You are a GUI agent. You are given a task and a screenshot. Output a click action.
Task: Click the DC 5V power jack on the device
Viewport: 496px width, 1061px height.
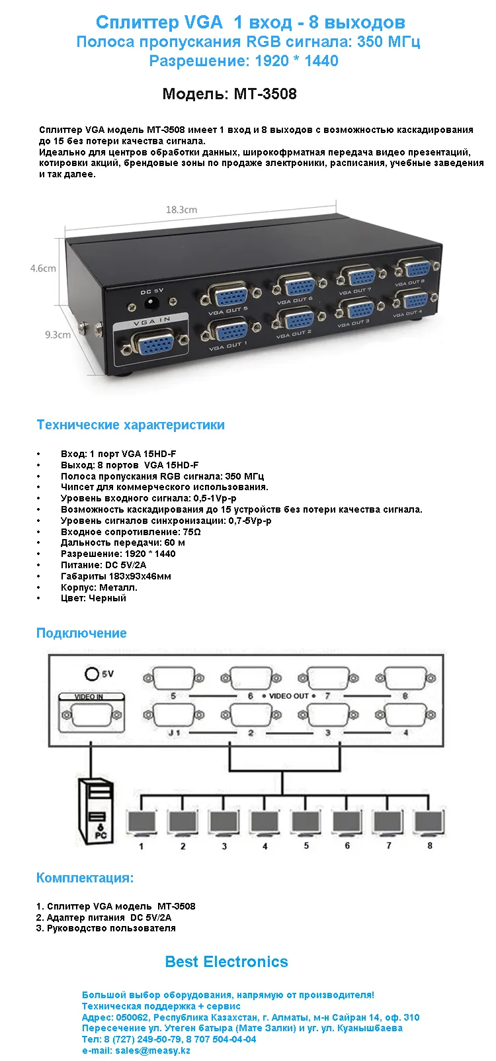click(152, 304)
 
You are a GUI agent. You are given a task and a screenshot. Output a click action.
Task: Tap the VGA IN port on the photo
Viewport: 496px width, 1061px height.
click(151, 343)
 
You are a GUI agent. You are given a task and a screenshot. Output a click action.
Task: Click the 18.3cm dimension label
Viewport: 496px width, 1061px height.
click(181, 210)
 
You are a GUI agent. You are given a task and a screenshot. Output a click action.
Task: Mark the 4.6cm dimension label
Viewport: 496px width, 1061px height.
click(43, 269)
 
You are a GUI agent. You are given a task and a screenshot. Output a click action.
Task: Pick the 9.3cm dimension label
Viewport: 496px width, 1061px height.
click(58, 335)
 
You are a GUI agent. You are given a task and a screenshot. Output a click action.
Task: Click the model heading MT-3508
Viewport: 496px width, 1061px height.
click(229, 94)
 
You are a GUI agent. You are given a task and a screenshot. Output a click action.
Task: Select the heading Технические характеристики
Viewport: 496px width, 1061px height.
click(130, 425)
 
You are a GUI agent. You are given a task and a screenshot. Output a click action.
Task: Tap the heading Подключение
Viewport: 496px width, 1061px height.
click(81, 633)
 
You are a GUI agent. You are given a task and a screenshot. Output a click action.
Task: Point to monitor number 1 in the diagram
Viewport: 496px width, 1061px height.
click(141, 824)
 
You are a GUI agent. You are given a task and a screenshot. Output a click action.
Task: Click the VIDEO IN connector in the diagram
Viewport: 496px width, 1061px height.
click(90, 716)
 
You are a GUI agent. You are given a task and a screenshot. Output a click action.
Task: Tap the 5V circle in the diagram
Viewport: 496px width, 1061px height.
click(92, 673)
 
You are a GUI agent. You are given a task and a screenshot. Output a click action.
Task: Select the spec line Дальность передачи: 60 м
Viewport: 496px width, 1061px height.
click(123, 542)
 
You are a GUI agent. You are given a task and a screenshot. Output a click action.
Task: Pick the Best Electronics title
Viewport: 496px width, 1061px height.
click(226, 962)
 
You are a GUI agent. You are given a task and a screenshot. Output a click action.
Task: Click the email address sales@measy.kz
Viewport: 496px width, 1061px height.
click(152, 1050)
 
